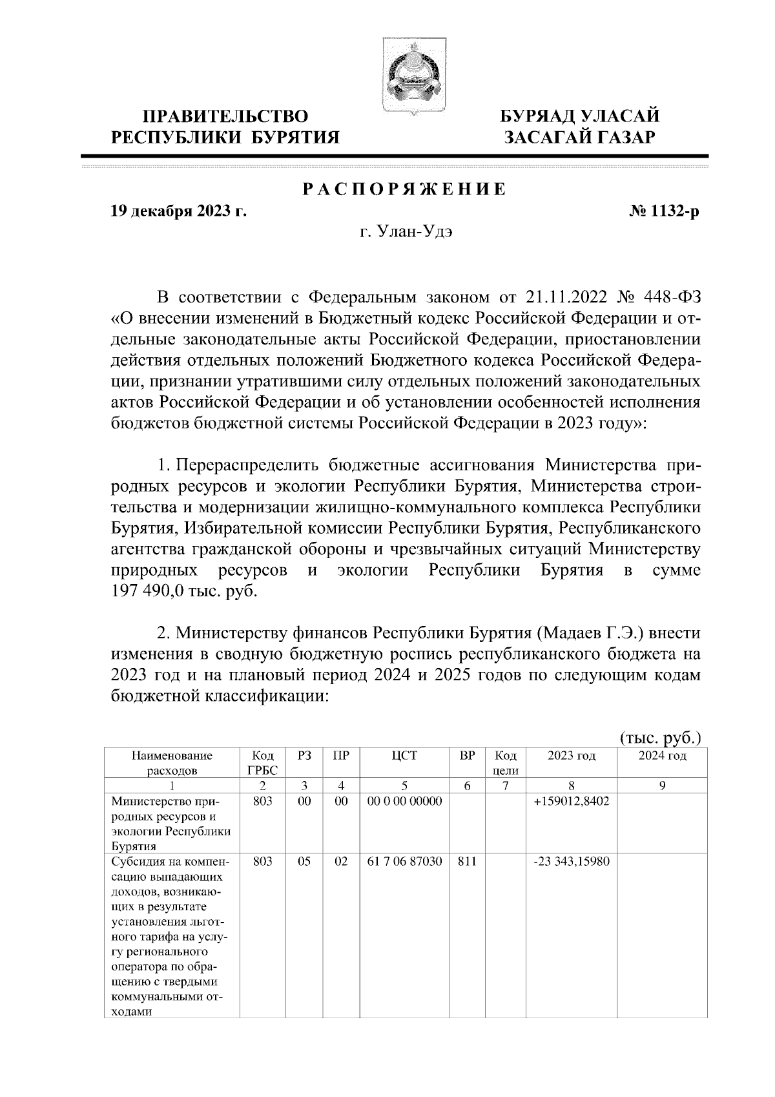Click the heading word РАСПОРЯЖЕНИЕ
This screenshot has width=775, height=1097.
click(405, 189)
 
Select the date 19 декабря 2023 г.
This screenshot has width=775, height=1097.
click(179, 211)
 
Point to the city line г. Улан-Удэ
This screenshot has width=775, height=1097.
click(406, 233)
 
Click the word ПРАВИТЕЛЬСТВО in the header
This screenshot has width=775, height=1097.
click(225, 117)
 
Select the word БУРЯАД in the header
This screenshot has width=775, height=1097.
click(540, 117)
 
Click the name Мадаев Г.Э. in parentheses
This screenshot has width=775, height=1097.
click(588, 631)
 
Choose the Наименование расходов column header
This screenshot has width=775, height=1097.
click(171, 763)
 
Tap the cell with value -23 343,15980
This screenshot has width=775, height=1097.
click(572, 861)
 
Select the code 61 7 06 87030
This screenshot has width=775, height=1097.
click(404, 861)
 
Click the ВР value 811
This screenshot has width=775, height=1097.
click(466, 861)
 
